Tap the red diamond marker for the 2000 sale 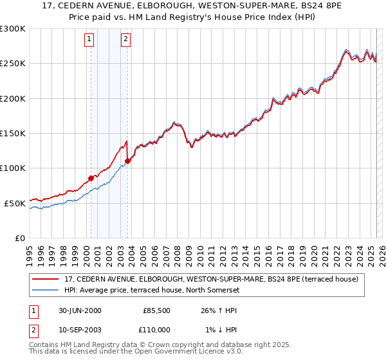coord(91,178)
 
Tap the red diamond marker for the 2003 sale coord(127,161)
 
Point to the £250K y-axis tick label coord(13,64)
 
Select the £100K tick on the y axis coord(13,168)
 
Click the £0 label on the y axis coord(20,238)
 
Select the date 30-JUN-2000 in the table coord(80,310)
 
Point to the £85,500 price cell coord(157,310)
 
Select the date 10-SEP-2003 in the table coord(80,329)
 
